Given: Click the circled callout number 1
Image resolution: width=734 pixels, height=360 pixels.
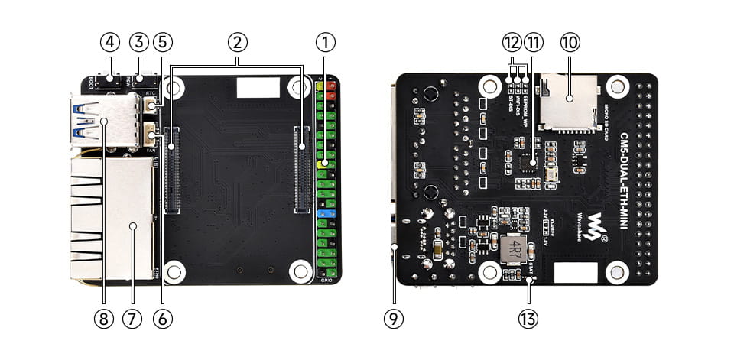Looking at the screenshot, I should [326, 41].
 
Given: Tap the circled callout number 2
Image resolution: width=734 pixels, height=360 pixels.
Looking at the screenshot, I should [237, 41].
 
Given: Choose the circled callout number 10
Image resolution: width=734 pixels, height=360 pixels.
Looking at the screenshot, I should [570, 41].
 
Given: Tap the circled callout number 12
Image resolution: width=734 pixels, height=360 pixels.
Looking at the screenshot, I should [511, 41].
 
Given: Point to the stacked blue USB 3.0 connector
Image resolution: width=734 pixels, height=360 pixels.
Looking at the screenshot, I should [99, 122].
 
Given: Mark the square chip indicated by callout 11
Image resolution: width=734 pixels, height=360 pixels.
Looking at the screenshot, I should [527, 161].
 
